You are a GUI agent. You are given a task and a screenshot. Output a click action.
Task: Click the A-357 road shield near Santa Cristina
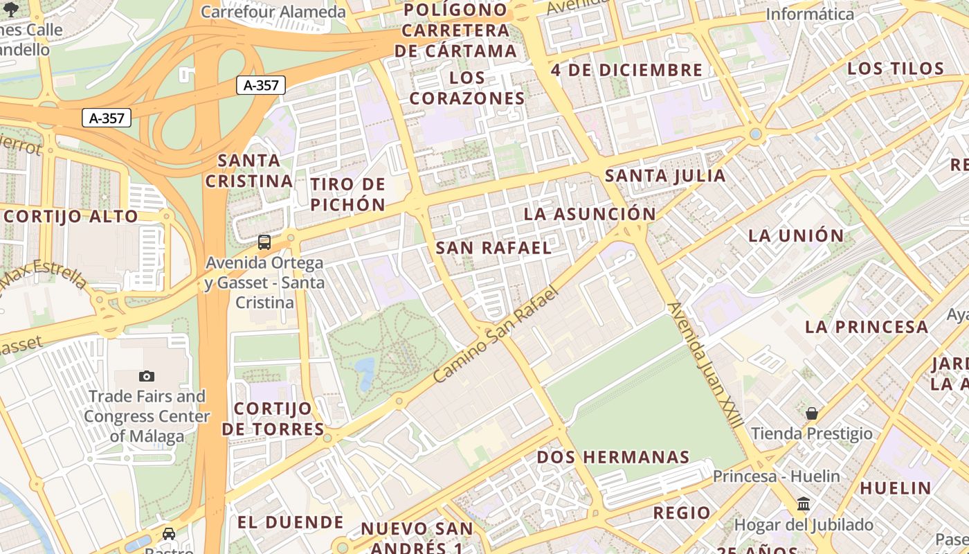pyautogui.click(x=261, y=85)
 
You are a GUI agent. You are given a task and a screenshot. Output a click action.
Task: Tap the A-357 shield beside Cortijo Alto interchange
pyautogui.click(x=107, y=118)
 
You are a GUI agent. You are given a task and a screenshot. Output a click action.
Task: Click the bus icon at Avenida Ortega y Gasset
pyautogui.click(x=264, y=242)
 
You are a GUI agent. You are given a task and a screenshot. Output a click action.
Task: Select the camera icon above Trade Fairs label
pyautogui.click(x=147, y=376)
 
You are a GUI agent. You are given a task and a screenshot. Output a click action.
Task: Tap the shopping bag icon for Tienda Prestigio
pyautogui.click(x=812, y=413)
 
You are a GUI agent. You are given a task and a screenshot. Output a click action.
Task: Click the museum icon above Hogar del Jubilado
pyautogui.click(x=804, y=504)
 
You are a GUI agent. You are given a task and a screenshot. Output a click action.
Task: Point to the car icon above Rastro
pyautogui.click(x=169, y=533)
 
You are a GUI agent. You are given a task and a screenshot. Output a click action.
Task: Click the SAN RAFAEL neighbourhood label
pyautogui.click(x=493, y=247)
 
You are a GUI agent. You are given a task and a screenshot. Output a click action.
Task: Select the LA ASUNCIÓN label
pyautogui.click(x=589, y=213)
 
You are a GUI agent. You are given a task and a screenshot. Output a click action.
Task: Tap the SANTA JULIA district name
pyautogui.click(x=665, y=175)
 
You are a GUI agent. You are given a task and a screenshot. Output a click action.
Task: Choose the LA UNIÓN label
pyautogui.click(x=796, y=235)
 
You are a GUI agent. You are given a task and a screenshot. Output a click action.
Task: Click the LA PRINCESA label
pyautogui.click(x=867, y=326)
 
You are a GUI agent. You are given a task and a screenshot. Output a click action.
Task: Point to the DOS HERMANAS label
pyautogui.click(x=613, y=457)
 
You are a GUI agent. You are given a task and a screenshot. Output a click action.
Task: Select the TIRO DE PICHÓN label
pyautogui.click(x=347, y=195)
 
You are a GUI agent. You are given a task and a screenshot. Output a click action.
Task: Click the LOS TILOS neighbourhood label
pyautogui.click(x=896, y=68)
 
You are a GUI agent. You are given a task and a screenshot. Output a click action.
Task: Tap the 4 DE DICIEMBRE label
pyautogui.click(x=626, y=70)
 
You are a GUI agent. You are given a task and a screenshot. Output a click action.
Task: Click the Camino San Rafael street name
pyautogui.click(x=496, y=335)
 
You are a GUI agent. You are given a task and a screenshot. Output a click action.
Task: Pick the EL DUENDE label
pyautogui.click(x=291, y=521)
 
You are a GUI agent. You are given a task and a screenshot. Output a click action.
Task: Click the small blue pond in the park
pyautogui.click(x=364, y=366)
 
